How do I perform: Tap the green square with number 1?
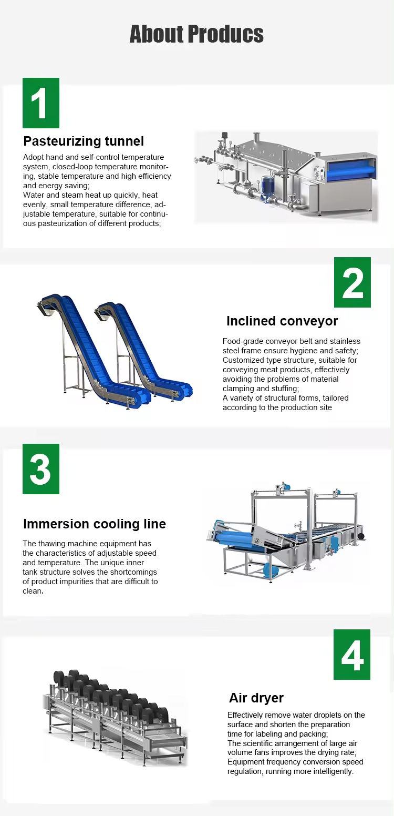pos(41,103)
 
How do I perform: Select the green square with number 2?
pos(352,282)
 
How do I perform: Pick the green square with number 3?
pos(41,469)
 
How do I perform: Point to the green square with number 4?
pos(352,655)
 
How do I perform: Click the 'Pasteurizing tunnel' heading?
pos(84,141)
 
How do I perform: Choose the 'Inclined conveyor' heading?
pos(282,321)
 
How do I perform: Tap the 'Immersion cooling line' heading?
pos(95,524)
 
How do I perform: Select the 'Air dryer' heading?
pos(256,698)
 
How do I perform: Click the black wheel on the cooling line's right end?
pos(361,536)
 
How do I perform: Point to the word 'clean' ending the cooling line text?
pos(32,591)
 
